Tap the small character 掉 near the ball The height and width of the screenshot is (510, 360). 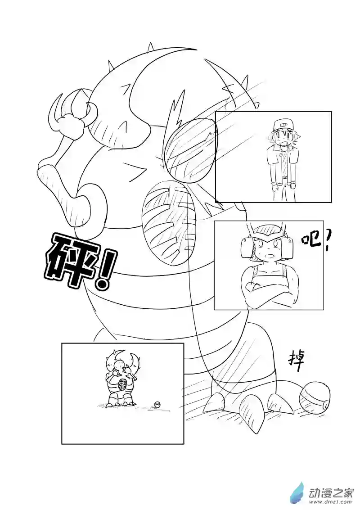296,361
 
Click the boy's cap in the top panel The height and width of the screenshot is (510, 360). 281,124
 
